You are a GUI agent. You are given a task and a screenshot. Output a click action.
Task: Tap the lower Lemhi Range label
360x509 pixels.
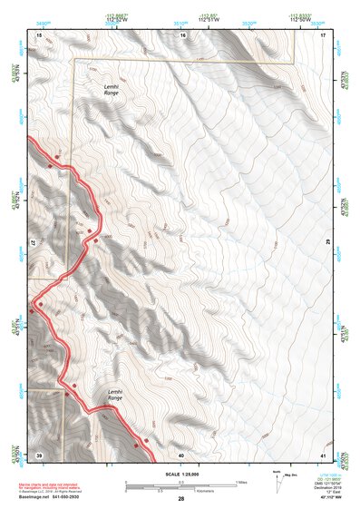[x=114, y=396]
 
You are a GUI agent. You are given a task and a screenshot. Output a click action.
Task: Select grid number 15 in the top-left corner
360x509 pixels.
[x=38, y=34]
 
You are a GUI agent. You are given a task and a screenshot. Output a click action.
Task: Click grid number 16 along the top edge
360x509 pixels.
[x=182, y=34]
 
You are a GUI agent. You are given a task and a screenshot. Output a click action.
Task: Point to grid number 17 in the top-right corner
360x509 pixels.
[x=323, y=34]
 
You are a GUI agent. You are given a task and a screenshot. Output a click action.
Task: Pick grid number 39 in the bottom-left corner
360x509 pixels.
[x=38, y=454]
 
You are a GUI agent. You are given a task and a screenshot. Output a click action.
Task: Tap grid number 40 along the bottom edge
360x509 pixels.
[x=181, y=454]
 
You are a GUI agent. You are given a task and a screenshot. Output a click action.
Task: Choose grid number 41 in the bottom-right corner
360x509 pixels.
[x=323, y=454]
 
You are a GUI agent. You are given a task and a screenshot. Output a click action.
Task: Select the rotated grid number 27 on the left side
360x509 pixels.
[x=37, y=244]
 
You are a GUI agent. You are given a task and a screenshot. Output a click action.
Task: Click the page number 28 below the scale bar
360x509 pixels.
[x=181, y=499]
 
